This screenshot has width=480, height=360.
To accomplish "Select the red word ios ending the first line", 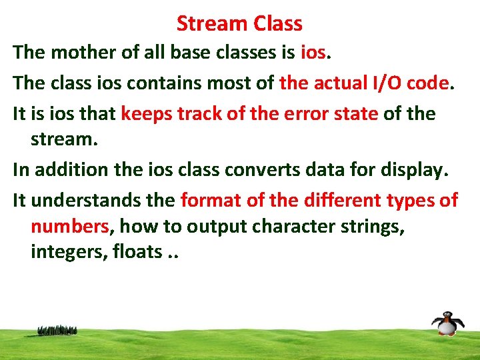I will coord(313,52).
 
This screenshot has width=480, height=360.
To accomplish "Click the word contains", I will coord(164,83).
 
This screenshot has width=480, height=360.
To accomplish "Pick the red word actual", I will coord(337,83).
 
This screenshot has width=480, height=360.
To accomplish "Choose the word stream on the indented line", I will coord(63,139).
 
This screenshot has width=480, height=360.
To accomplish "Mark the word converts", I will coord(277,170).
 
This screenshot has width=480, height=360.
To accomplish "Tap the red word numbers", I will coord(69,227).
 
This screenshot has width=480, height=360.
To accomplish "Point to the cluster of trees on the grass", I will coord(57,330).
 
